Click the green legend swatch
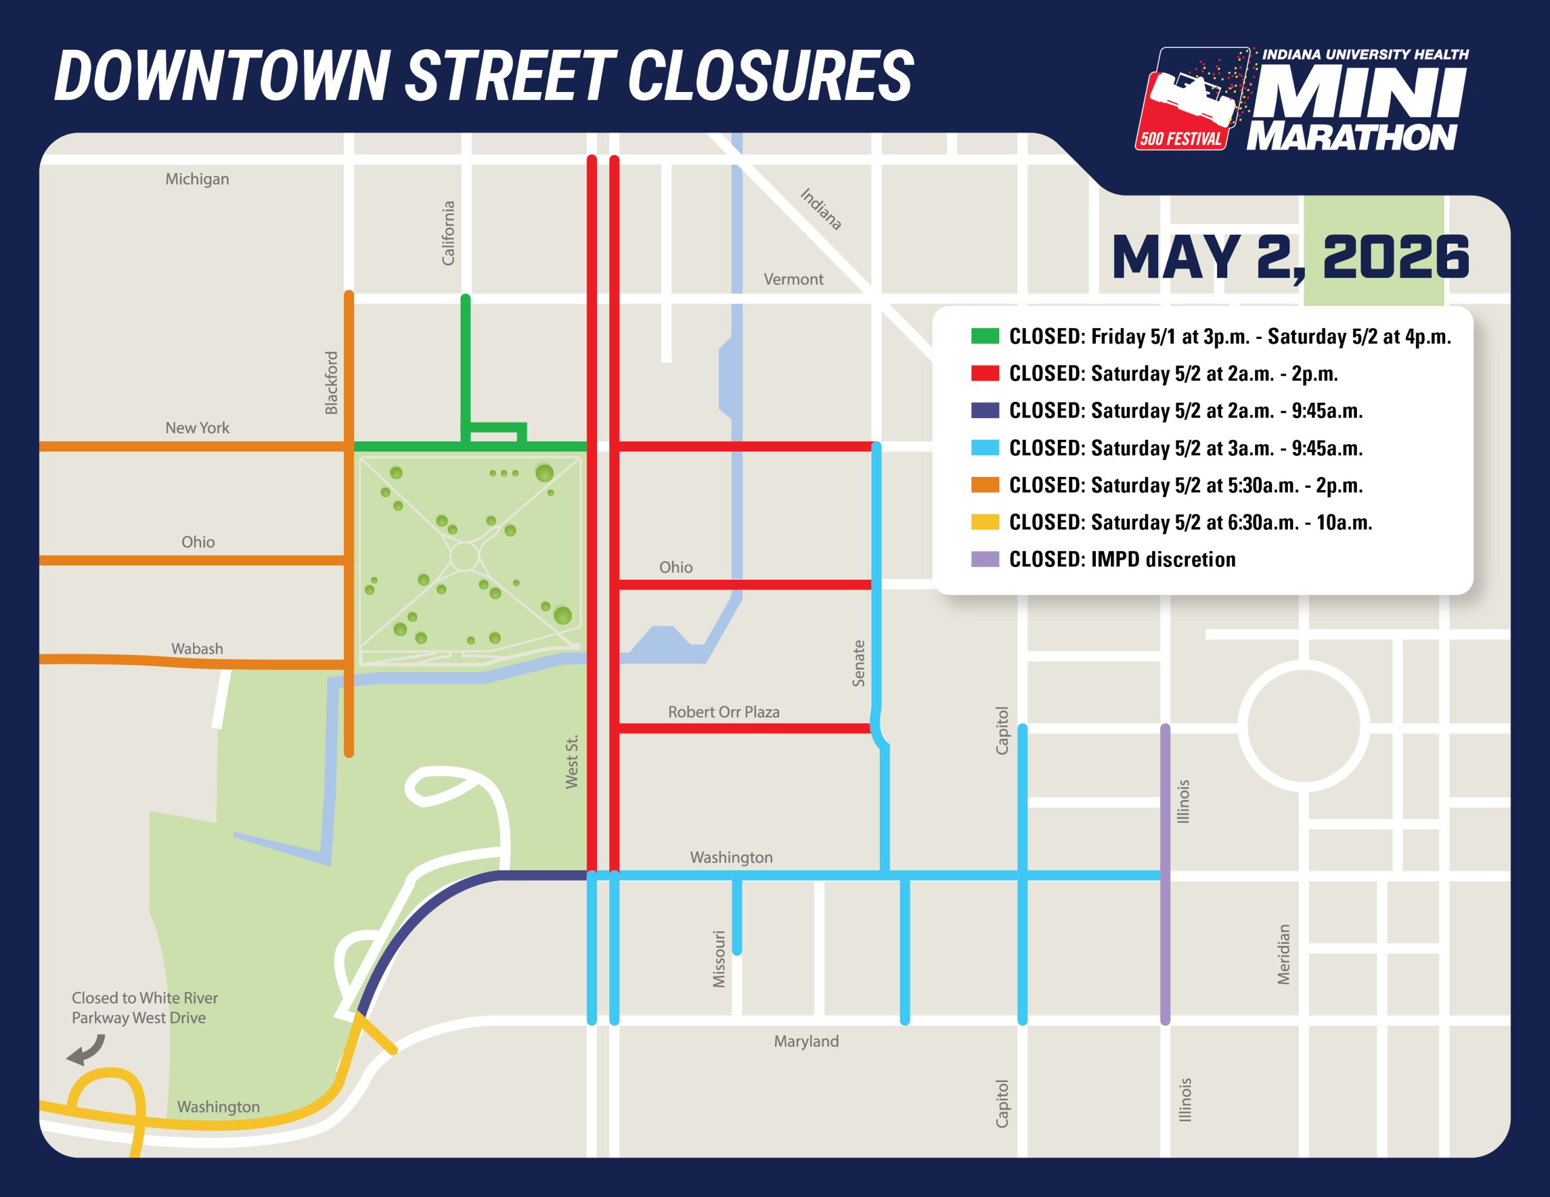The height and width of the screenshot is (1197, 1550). pyautogui.click(x=985, y=336)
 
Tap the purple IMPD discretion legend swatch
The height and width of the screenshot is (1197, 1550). pyautogui.click(x=985, y=559)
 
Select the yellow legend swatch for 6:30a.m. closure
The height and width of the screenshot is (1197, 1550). pyautogui.click(x=985, y=522)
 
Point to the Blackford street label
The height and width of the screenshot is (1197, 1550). pyautogui.click(x=331, y=382)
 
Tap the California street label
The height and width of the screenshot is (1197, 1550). pyautogui.click(x=448, y=234)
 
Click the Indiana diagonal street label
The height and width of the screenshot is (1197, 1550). pyautogui.click(x=821, y=209)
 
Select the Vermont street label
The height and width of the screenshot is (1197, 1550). pyautogui.click(x=793, y=280)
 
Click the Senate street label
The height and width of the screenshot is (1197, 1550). pyautogui.click(x=859, y=663)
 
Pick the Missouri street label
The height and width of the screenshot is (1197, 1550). pyautogui.click(x=719, y=959)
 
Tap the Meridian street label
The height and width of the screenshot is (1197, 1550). pyautogui.click(x=1283, y=954)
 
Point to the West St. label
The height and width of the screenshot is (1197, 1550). pyautogui.click(x=572, y=761)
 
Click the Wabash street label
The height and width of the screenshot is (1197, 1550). pyautogui.click(x=197, y=649)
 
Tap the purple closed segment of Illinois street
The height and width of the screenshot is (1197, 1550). pyautogui.click(x=1165, y=873)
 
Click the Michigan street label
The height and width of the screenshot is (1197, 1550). pyautogui.click(x=197, y=179)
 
